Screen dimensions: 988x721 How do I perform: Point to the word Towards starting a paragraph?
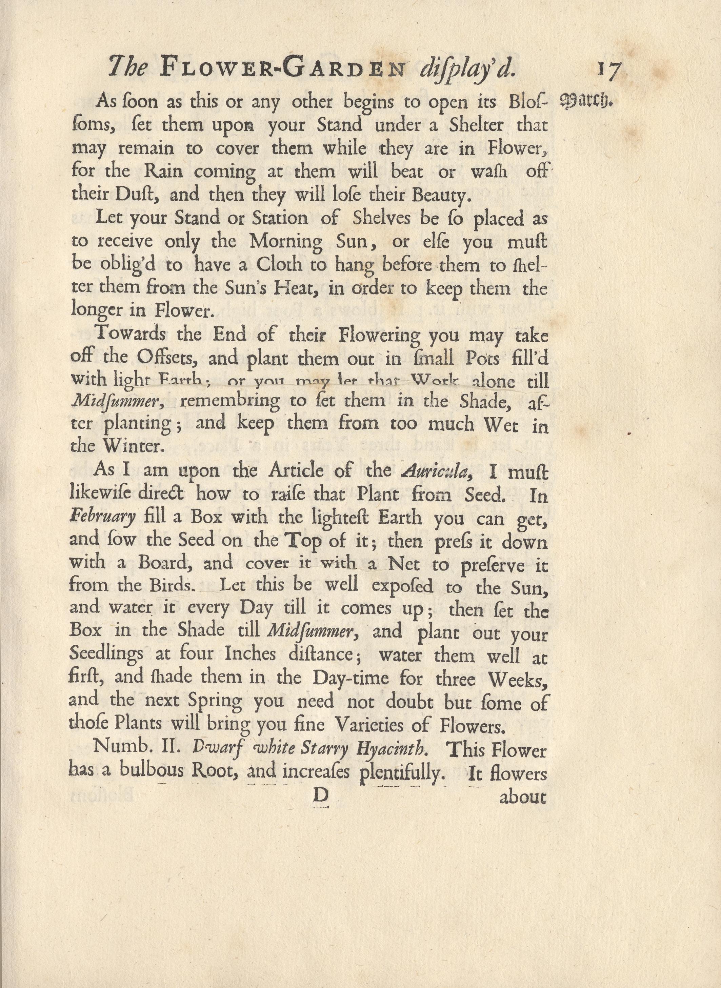point(131,334)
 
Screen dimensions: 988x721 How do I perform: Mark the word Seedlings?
point(106,654)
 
